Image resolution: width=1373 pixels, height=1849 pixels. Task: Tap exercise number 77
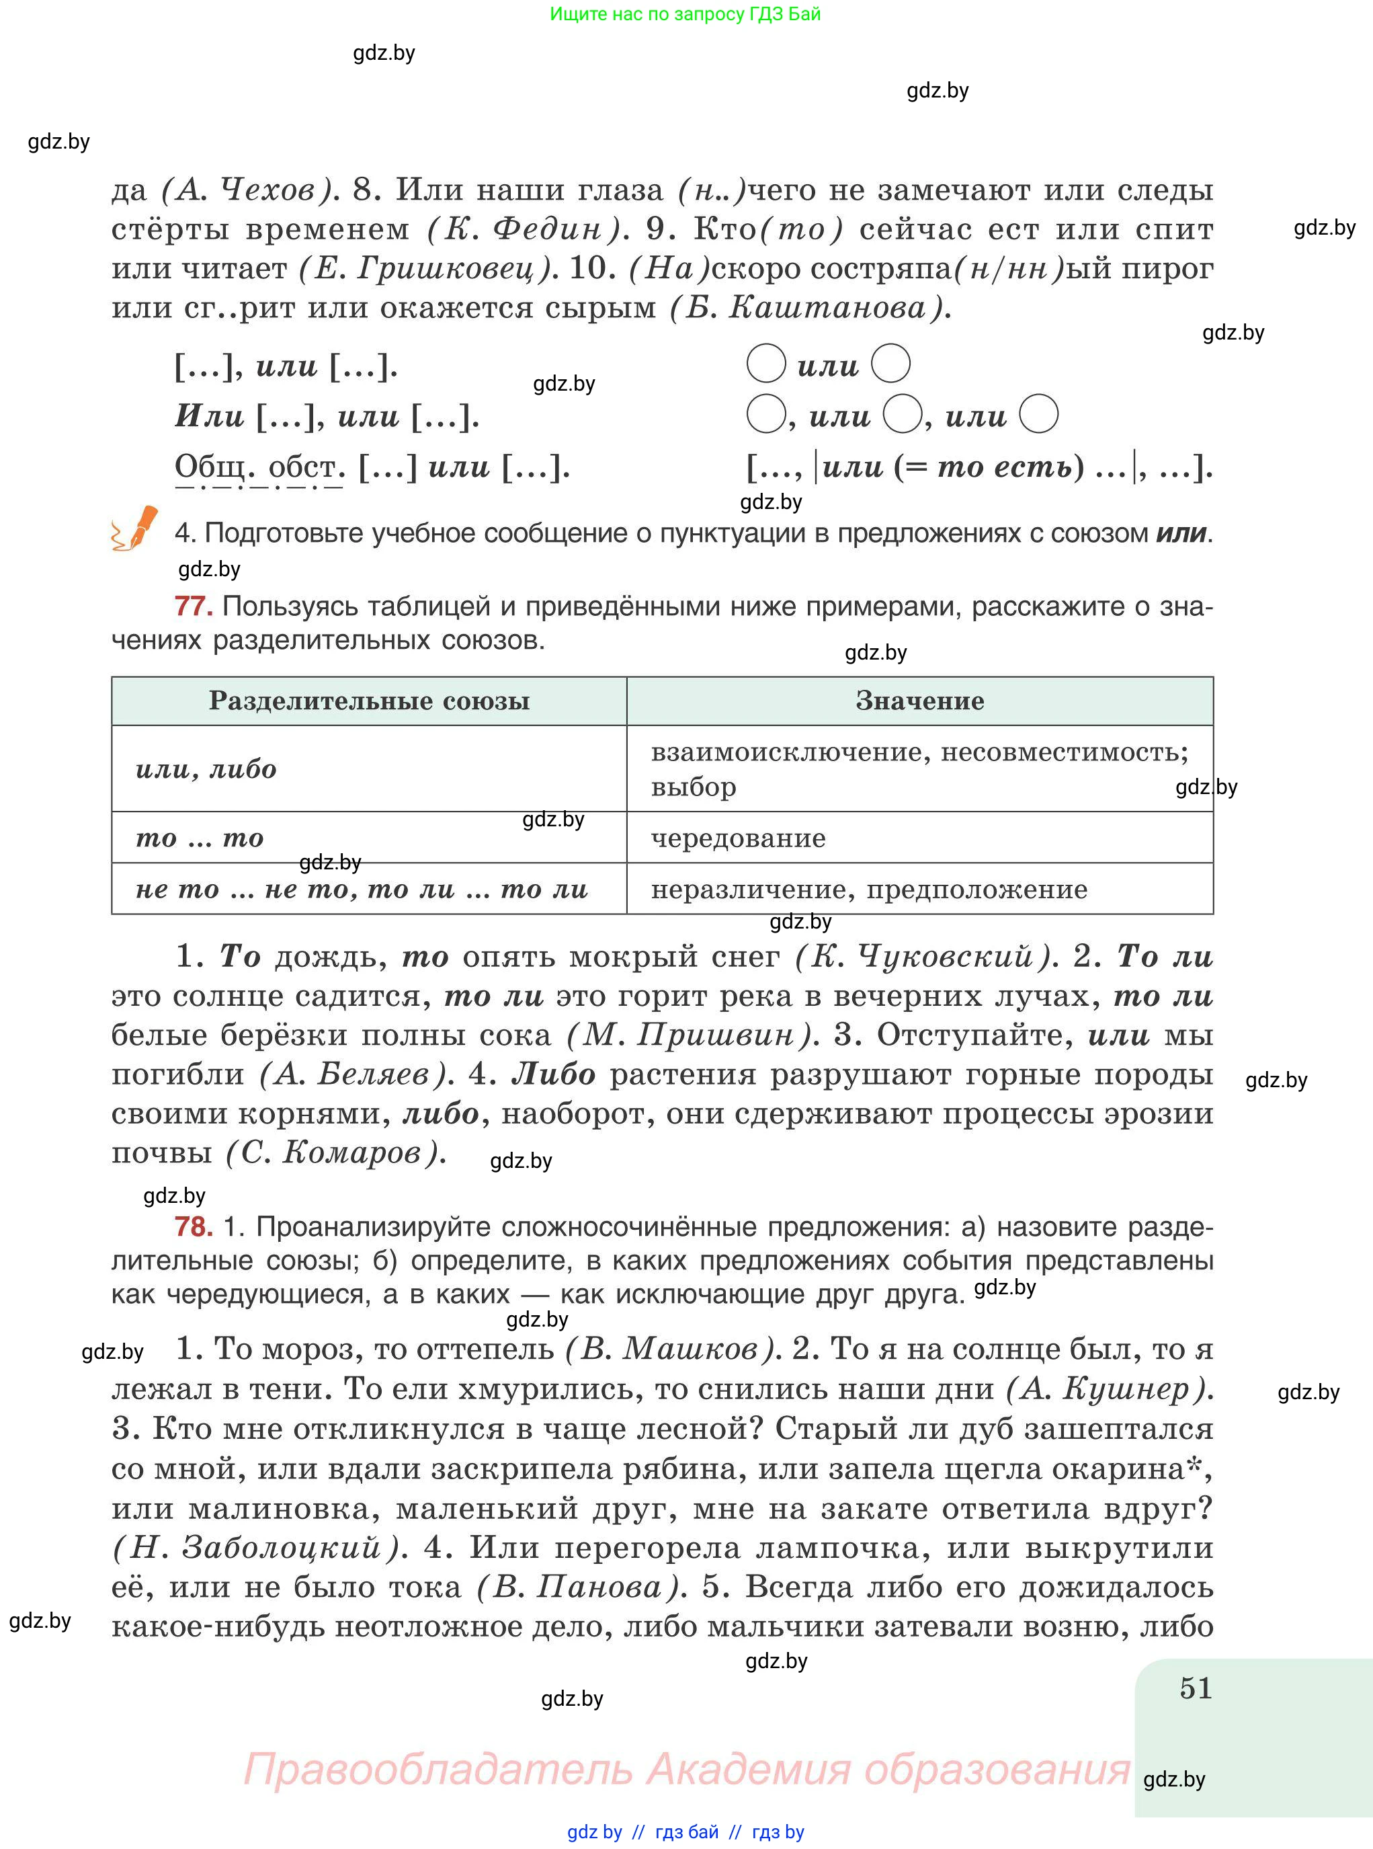click(x=193, y=606)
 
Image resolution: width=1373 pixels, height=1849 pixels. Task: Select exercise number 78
click(x=193, y=1226)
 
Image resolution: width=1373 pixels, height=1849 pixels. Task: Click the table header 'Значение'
click(x=919, y=701)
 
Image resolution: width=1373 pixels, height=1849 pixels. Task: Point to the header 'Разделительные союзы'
click(x=369, y=701)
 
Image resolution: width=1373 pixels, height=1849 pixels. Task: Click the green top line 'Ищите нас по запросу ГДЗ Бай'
click(x=685, y=14)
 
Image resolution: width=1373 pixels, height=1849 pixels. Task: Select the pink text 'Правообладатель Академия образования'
click(x=685, y=1768)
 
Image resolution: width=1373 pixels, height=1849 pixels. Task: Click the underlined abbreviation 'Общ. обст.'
click(x=259, y=467)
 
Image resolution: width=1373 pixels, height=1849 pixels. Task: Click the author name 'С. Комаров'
click(x=337, y=1153)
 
